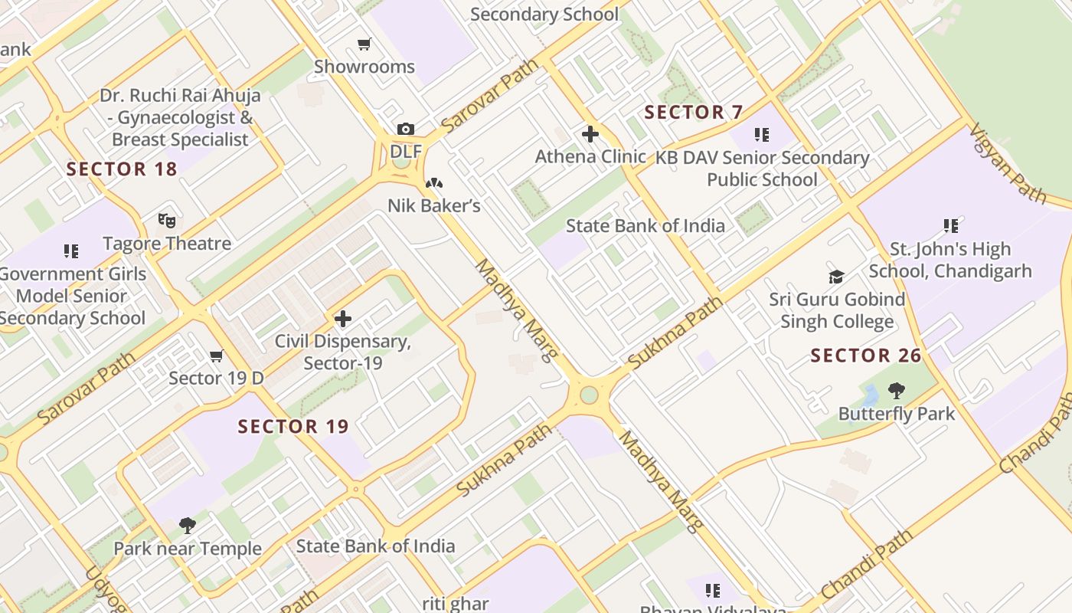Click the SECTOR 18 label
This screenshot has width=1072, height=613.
[122, 169]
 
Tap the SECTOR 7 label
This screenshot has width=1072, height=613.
[693, 113]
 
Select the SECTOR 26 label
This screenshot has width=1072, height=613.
[866, 356]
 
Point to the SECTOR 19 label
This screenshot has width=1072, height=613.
[293, 427]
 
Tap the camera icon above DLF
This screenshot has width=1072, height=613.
[405, 129]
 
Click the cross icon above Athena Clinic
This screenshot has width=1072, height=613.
[590, 134]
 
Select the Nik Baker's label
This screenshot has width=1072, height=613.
[433, 205]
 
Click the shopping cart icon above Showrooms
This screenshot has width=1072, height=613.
[364, 44]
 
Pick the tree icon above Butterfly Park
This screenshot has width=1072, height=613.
[896, 392]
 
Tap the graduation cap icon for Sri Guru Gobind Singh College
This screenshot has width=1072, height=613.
[837, 277]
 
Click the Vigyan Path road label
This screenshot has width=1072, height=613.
[1008, 162]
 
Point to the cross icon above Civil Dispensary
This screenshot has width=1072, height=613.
[343, 318]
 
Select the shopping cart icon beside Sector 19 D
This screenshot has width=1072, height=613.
[217, 356]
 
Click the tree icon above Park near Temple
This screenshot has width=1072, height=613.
[188, 526]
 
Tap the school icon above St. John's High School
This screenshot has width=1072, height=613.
[950, 226]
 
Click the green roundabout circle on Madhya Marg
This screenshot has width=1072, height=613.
[589, 395]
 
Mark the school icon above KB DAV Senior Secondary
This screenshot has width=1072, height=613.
[761, 135]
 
